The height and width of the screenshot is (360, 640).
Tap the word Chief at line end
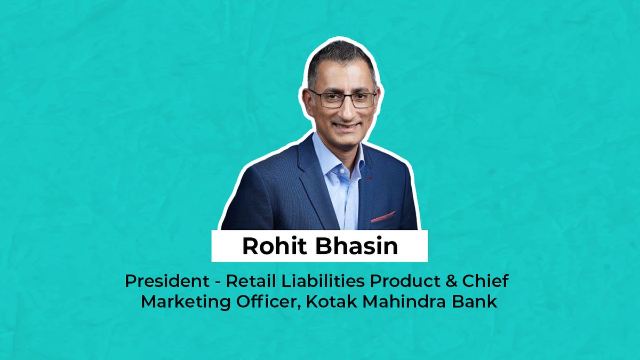491,281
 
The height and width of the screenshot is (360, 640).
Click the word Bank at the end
476,301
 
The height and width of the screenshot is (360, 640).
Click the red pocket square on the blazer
382,217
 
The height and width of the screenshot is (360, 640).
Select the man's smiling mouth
345,126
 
